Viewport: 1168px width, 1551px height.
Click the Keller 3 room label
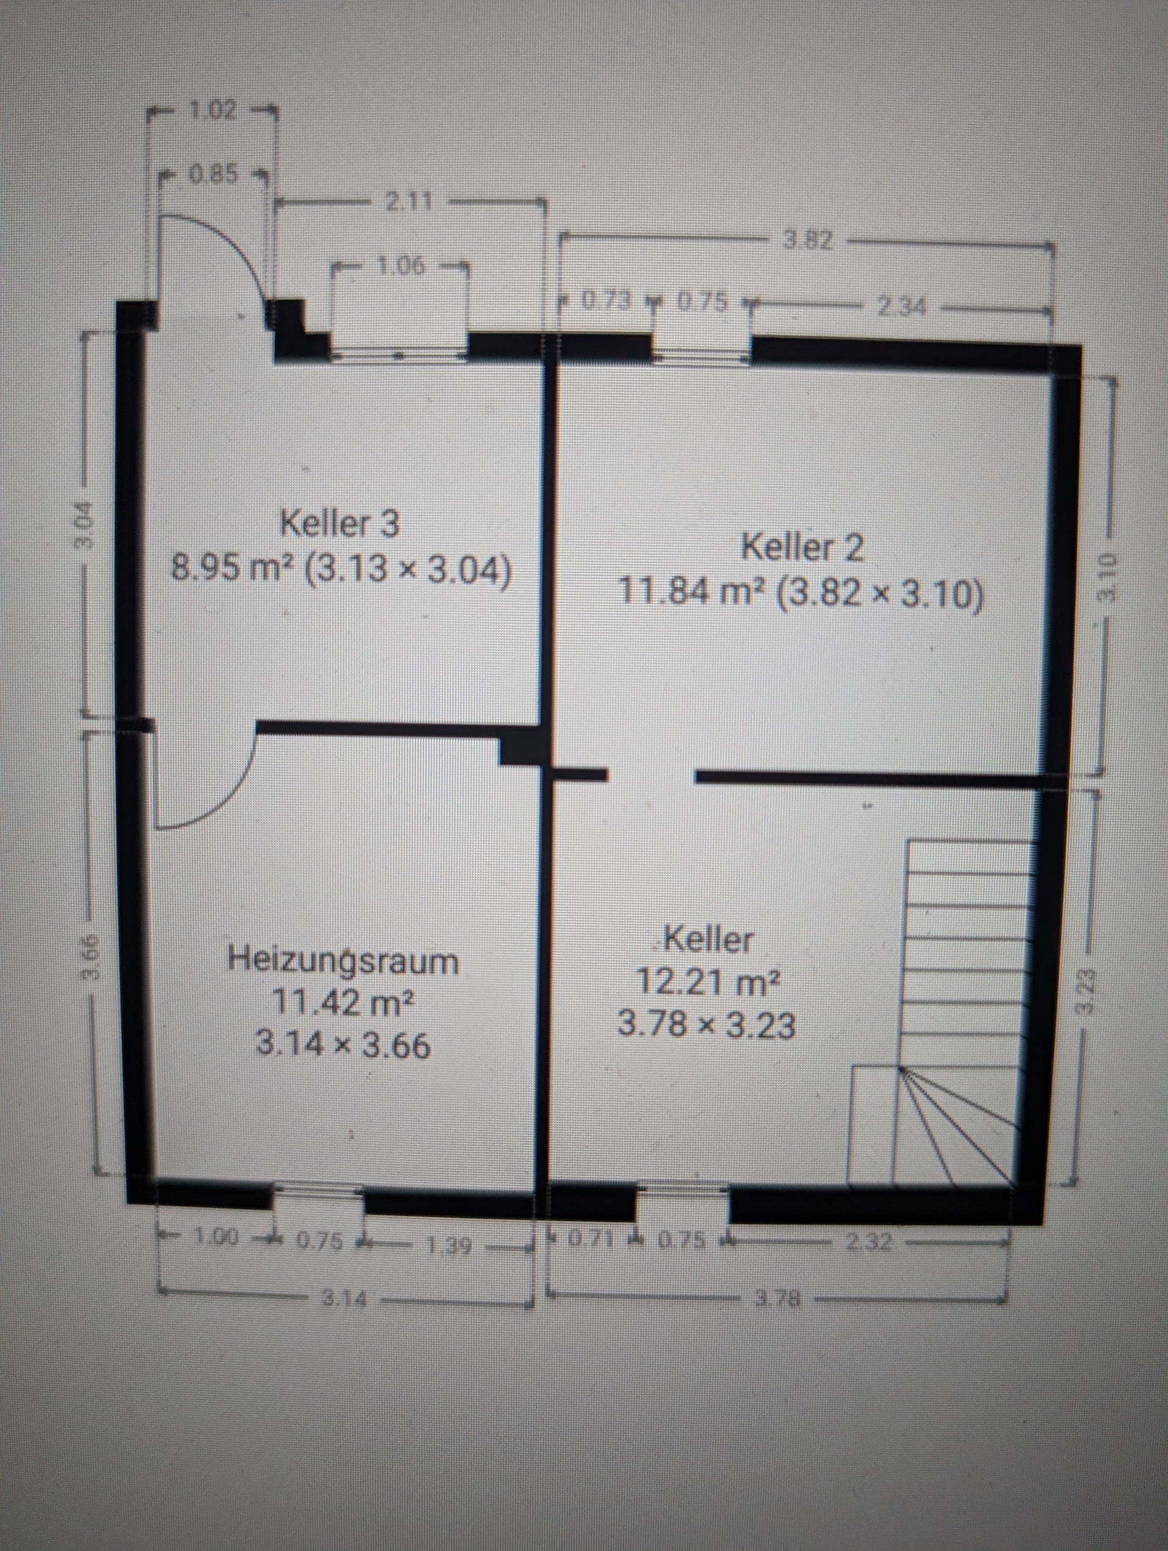pyautogui.click(x=340, y=524)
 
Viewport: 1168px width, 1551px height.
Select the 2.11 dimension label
pyautogui.click(x=409, y=202)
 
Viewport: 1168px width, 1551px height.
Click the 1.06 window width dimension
pyautogui.click(x=400, y=266)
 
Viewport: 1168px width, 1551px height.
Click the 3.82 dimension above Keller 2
pyautogui.click(x=808, y=241)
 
